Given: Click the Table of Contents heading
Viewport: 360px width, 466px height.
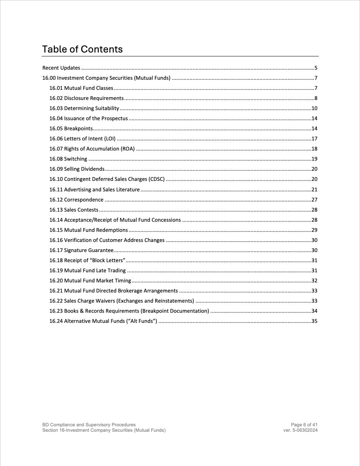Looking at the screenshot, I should pyautogui.click(x=82, y=49).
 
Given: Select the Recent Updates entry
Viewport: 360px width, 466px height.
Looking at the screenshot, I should pyautogui.click(x=61, y=68).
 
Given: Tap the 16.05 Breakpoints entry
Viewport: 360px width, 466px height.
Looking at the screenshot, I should pyautogui.click(x=71, y=129).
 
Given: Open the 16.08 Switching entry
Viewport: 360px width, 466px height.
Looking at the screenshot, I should pyautogui.click(x=68, y=159).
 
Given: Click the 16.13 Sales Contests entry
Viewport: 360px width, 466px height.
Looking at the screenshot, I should pyautogui.click(x=74, y=210).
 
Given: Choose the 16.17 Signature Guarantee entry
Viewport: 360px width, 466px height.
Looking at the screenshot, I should pyautogui.click(x=81, y=251).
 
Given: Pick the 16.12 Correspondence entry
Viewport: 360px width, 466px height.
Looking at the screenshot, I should pyautogui.click(x=77, y=200).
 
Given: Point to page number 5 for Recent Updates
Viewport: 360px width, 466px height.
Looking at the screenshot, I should pyautogui.click(x=316, y=68).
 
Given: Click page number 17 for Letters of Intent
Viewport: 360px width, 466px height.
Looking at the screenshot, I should pyautogui.click(x=315, y=139).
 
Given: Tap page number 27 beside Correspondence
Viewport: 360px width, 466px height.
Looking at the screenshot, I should pyautogui.click(x=315, y=200).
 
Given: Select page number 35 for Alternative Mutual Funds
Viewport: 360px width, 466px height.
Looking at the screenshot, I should pyautogui.click(x=315, y=321).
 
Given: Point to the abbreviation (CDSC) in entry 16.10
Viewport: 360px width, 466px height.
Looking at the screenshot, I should pyautogui.click(x=156, y=179).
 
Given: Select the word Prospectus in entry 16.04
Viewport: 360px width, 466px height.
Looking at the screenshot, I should pyautogui.click(x=115, y=119).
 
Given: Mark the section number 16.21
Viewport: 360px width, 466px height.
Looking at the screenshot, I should pyautogui.click(x=56, y=291).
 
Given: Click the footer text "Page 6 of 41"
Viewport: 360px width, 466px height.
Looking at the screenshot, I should pyautogui.click(x=304, y=425).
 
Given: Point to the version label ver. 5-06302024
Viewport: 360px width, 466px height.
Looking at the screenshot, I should pyautogui.click(x=301, y=430).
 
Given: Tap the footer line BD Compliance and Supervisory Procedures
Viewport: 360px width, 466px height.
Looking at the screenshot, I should pyautogui.click(x=89, y=425).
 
